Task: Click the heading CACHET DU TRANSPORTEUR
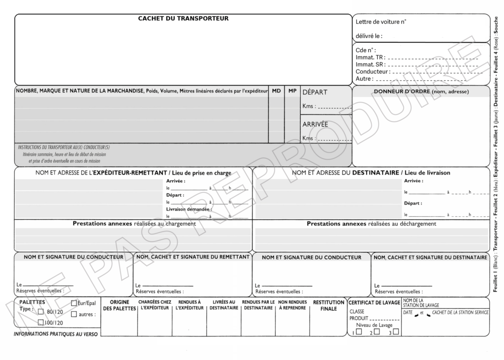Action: coord(183,19)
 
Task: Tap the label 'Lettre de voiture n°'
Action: coord(380,22)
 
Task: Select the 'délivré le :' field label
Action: coord(369,36)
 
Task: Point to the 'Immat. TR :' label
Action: coord(370,57)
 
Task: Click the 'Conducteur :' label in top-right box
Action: coord(373,71)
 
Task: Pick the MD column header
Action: coord(276,91)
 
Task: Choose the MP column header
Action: coord(292,91)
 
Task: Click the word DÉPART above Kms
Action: coord(315,92)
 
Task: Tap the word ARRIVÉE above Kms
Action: coord(315,124)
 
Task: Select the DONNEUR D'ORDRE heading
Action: coord(421,91)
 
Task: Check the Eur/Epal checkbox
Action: coord(74,303)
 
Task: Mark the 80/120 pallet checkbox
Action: coord(41,312)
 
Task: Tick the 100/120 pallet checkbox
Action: coord(41,323)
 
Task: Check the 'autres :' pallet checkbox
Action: coord(74,314)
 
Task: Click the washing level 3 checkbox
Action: coord(396,331)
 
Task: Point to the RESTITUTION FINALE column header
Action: coord(328,305)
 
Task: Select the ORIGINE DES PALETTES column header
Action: coord(119,305)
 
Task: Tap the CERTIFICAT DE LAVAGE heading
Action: coord(374,302)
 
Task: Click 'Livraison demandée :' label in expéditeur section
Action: coord(185,209)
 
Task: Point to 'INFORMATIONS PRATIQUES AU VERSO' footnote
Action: coord(56,334)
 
